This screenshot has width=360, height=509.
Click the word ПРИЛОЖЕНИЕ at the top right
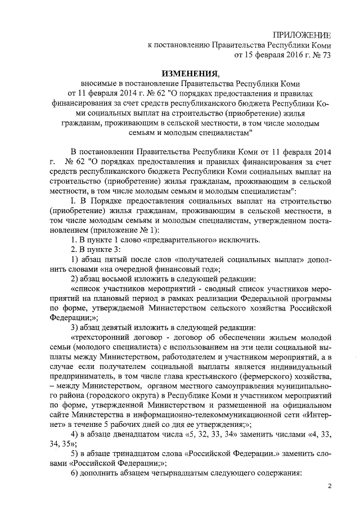click(x=302, y=35)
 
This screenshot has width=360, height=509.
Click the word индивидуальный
click(x=304, y=367)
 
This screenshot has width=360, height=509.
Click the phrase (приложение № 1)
click(x=110, y=231)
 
